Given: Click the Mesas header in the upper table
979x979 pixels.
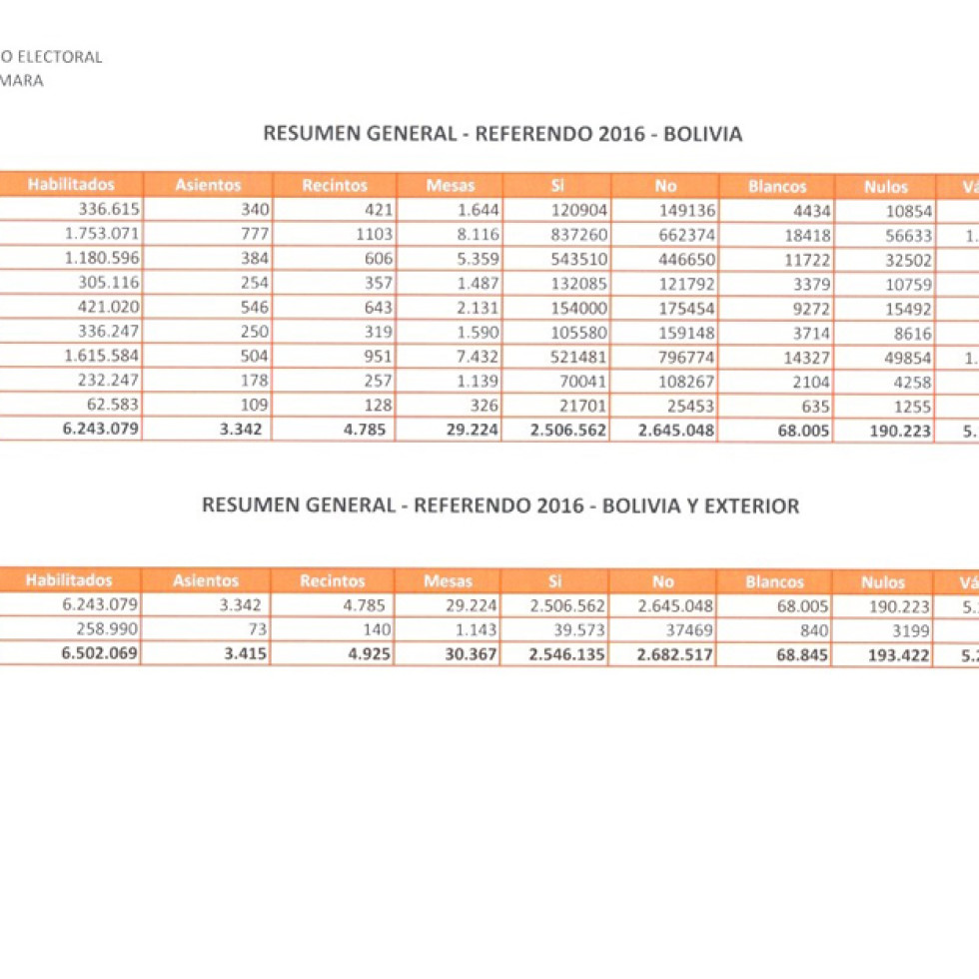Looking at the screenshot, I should (451, 185).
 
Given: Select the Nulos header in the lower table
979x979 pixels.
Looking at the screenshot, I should (883, 581).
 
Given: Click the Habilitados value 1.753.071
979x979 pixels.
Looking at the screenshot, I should (102, 234).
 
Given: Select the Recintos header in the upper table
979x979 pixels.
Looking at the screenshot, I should (335, 185).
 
